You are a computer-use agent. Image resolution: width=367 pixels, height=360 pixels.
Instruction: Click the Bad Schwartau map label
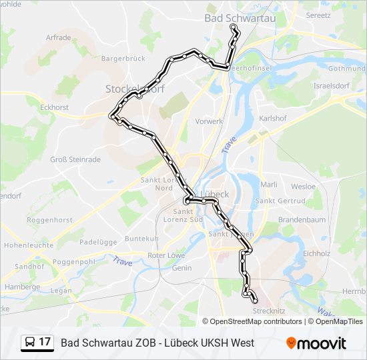pos(240,18)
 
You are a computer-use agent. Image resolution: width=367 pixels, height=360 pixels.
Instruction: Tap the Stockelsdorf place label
pos(130,89)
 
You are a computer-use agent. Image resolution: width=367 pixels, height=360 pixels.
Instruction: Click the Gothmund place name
pos(346,68)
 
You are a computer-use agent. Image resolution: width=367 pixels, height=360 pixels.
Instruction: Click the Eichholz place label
pos(316,253)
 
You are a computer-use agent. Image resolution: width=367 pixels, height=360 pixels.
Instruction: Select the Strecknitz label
pos(270,310)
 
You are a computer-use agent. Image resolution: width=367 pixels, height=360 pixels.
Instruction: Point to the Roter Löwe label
pos(166,255)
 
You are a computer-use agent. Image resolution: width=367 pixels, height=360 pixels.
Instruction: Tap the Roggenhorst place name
pos(49,219)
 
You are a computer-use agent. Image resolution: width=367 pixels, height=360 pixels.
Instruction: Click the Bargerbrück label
pos(123,59)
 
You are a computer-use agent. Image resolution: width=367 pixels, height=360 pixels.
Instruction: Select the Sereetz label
pos(317,14)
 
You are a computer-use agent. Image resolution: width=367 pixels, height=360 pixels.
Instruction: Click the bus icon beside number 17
pos(30,343)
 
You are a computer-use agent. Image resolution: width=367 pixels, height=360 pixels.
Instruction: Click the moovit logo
pos(316,343)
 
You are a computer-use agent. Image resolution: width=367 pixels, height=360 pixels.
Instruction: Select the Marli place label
pos(269,185)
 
